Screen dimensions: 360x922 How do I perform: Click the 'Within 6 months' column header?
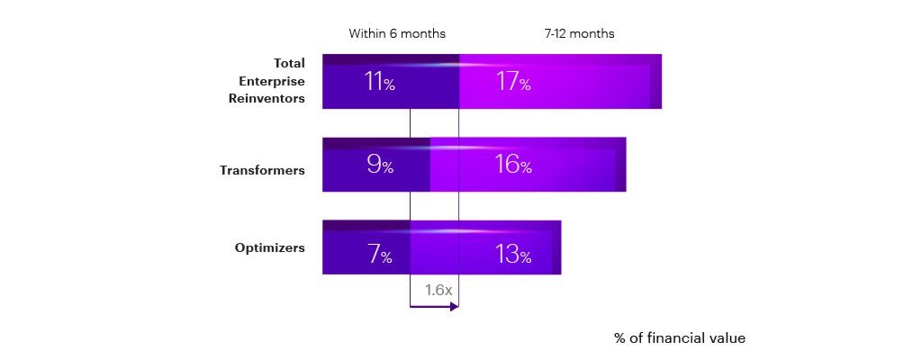coord(397,33)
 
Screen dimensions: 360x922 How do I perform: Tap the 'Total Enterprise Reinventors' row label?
coord(267,81)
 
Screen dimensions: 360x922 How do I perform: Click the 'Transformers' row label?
coord(263,169)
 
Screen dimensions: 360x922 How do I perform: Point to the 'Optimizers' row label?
coord(270,247)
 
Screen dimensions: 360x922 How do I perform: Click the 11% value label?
coord(379,83)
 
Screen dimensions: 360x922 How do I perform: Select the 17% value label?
coord(513,83)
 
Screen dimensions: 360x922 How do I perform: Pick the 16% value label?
coord(513,165)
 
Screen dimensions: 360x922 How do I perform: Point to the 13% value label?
coord(513,255)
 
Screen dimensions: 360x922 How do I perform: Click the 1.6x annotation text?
coord(438,290)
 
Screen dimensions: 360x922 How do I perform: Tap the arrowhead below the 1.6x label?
coord(454,307)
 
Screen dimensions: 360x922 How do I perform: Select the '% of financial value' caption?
coord(680,338)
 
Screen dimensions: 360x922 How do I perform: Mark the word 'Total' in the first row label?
coord(289,63)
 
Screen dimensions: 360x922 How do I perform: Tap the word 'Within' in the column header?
coord(366,33)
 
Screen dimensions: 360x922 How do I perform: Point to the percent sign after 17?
coord(524,85)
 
